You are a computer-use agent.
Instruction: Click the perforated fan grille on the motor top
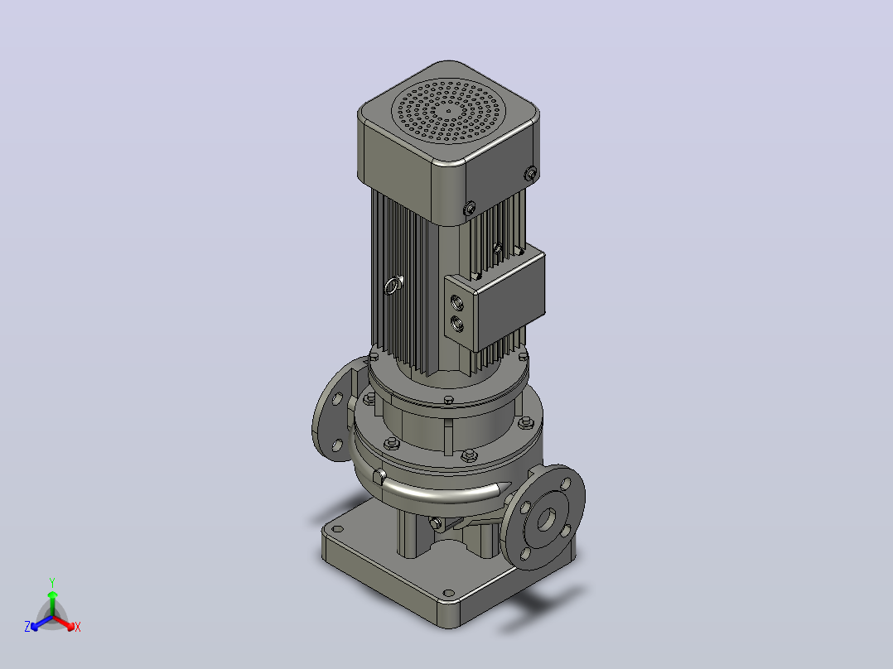449,110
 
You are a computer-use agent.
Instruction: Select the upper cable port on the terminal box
456,301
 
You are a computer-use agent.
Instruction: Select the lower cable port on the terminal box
456,324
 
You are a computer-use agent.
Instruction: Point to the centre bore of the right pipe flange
547,518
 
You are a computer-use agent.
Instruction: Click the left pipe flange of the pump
335,409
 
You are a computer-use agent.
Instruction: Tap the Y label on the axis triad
52,582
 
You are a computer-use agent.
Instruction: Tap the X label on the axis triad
78,627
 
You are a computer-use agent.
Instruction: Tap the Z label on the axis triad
27,626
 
